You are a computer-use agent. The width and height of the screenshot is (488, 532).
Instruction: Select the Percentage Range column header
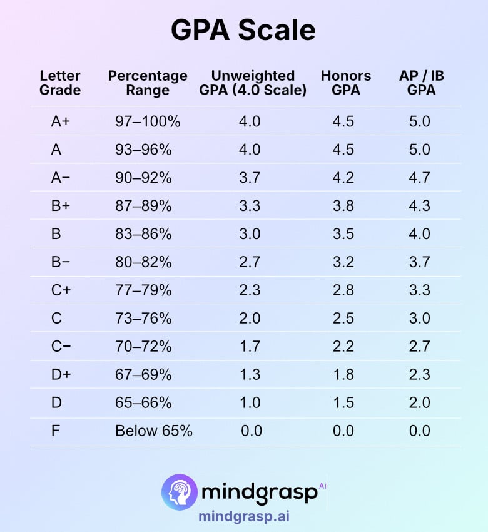(148, 83)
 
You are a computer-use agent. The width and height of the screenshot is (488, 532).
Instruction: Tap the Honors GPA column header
(346, 83)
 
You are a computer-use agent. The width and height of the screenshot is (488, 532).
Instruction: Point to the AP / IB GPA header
(421, 83)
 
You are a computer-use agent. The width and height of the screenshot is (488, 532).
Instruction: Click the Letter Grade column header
(60, 83)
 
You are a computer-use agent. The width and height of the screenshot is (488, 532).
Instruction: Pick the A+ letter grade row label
(61, 121)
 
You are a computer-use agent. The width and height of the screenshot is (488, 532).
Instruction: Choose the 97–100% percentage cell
(148, 121)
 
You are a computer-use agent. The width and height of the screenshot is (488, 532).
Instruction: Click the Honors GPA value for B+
(343, 206)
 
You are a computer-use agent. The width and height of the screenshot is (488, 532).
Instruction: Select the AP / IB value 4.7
(419, 178)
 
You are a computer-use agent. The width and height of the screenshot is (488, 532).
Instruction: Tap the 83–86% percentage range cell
(143, 234)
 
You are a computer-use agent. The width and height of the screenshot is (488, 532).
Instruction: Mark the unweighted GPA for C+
(250, 290)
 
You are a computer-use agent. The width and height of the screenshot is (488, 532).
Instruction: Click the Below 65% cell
(154, 431)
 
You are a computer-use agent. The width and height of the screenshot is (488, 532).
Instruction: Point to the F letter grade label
(56, 431)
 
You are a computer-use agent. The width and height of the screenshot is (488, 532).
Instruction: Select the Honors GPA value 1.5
(343, 403)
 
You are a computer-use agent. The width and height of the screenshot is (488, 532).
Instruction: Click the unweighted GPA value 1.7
(250, 347)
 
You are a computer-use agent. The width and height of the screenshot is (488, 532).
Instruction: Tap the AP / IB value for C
(419, 319)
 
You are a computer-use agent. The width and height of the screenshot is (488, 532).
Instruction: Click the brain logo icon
(179, 491)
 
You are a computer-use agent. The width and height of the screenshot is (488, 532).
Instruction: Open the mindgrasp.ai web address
(244, 517)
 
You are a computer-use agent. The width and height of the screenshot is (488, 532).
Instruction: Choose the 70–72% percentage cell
(143, 347)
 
